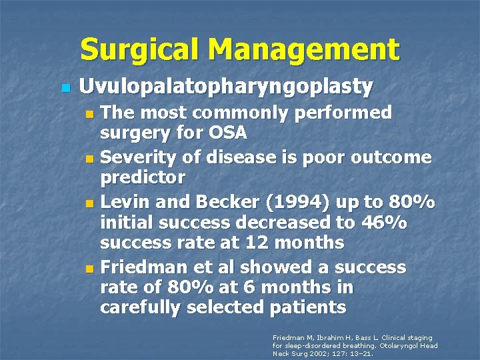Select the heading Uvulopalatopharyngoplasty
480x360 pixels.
226,87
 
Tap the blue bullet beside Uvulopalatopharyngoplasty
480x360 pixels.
65,87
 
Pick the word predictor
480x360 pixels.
143,179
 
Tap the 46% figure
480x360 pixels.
411,223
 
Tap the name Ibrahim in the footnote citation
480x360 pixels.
325,338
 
